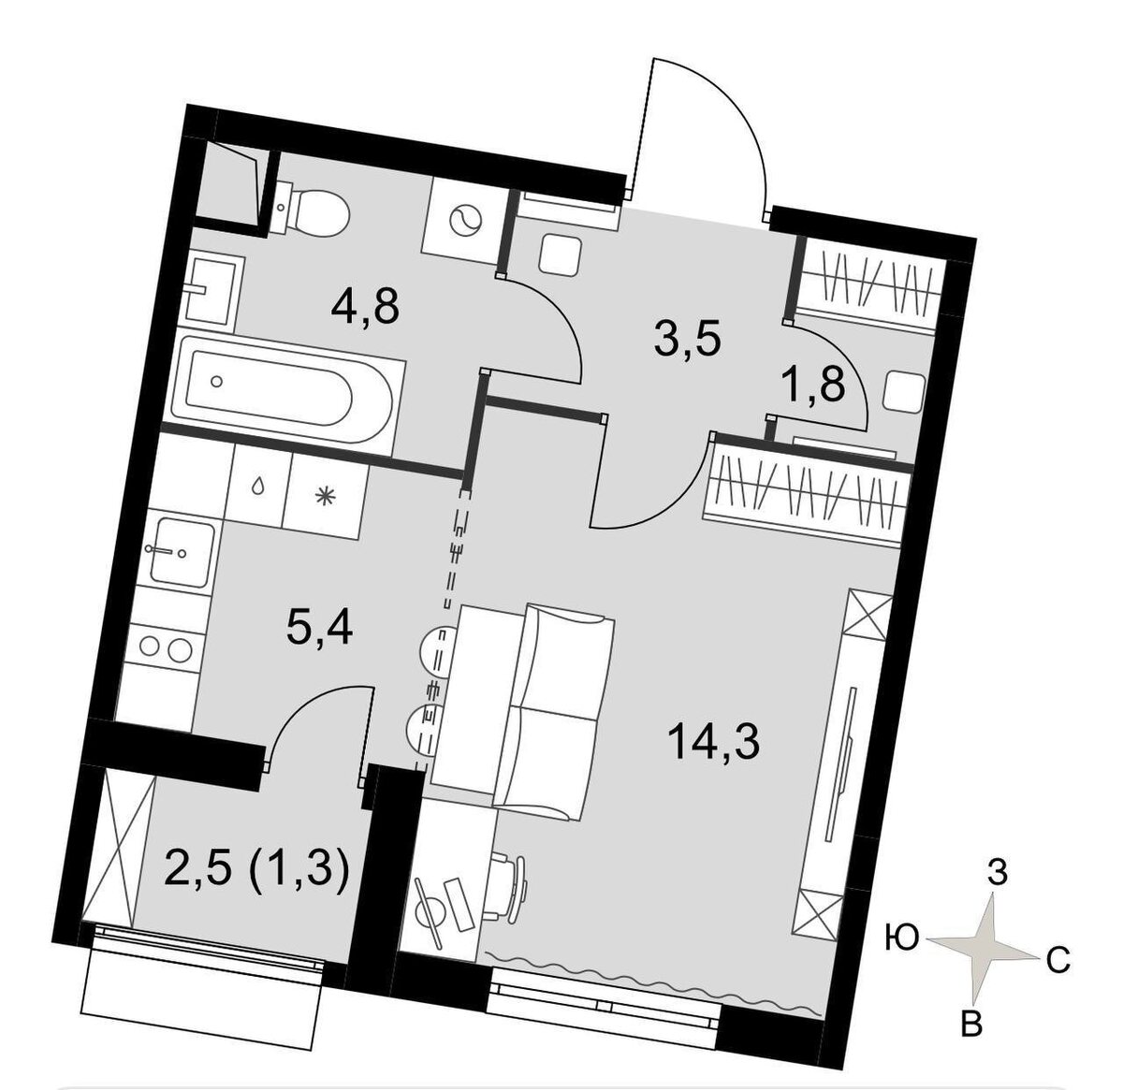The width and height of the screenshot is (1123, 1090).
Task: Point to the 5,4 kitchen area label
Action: click(x=319, y=629)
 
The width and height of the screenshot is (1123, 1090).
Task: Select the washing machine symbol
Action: click(x=463, y=221)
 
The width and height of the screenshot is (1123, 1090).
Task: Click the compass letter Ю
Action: click(x=902, y=936)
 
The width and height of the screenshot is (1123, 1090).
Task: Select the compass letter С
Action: click(x=1057, y=961)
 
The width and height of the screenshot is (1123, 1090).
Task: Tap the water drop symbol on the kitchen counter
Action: click(x=257, y=487)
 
